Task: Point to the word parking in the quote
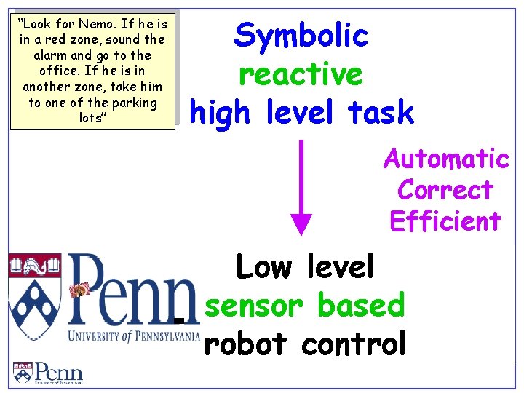(135, 102)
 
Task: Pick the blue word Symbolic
(301, 36)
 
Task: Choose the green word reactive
(300, 74)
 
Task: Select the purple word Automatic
(446, 158)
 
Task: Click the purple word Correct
(445, 190)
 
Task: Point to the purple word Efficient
(445, 221)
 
